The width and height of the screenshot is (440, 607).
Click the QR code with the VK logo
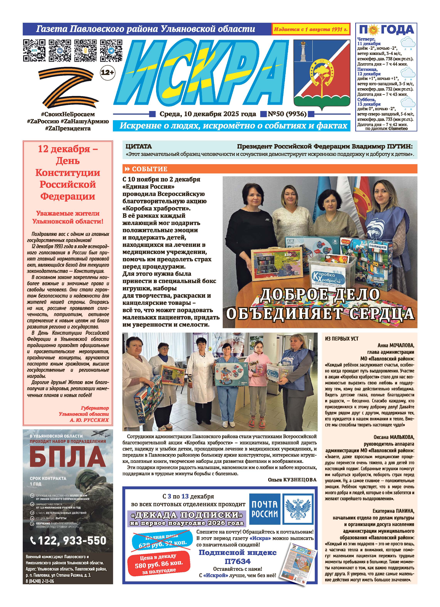click(x=60, y=50)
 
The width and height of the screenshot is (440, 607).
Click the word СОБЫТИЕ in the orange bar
click(x=150, y=169)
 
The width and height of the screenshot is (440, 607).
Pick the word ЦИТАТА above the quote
click(x=138, y=146)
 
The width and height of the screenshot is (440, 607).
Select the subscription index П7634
click(x=237, y=561)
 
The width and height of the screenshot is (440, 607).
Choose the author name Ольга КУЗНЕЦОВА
click(x=292, y=480)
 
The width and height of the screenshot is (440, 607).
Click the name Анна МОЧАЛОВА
click(x=395, y=346)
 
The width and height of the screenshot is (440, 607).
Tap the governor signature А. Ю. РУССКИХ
click(x=89, y=420)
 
